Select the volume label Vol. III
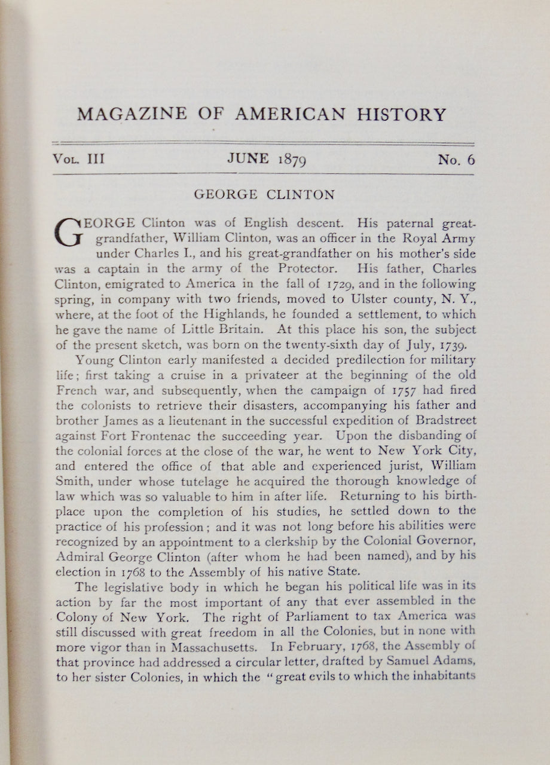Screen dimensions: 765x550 point(78,160)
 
